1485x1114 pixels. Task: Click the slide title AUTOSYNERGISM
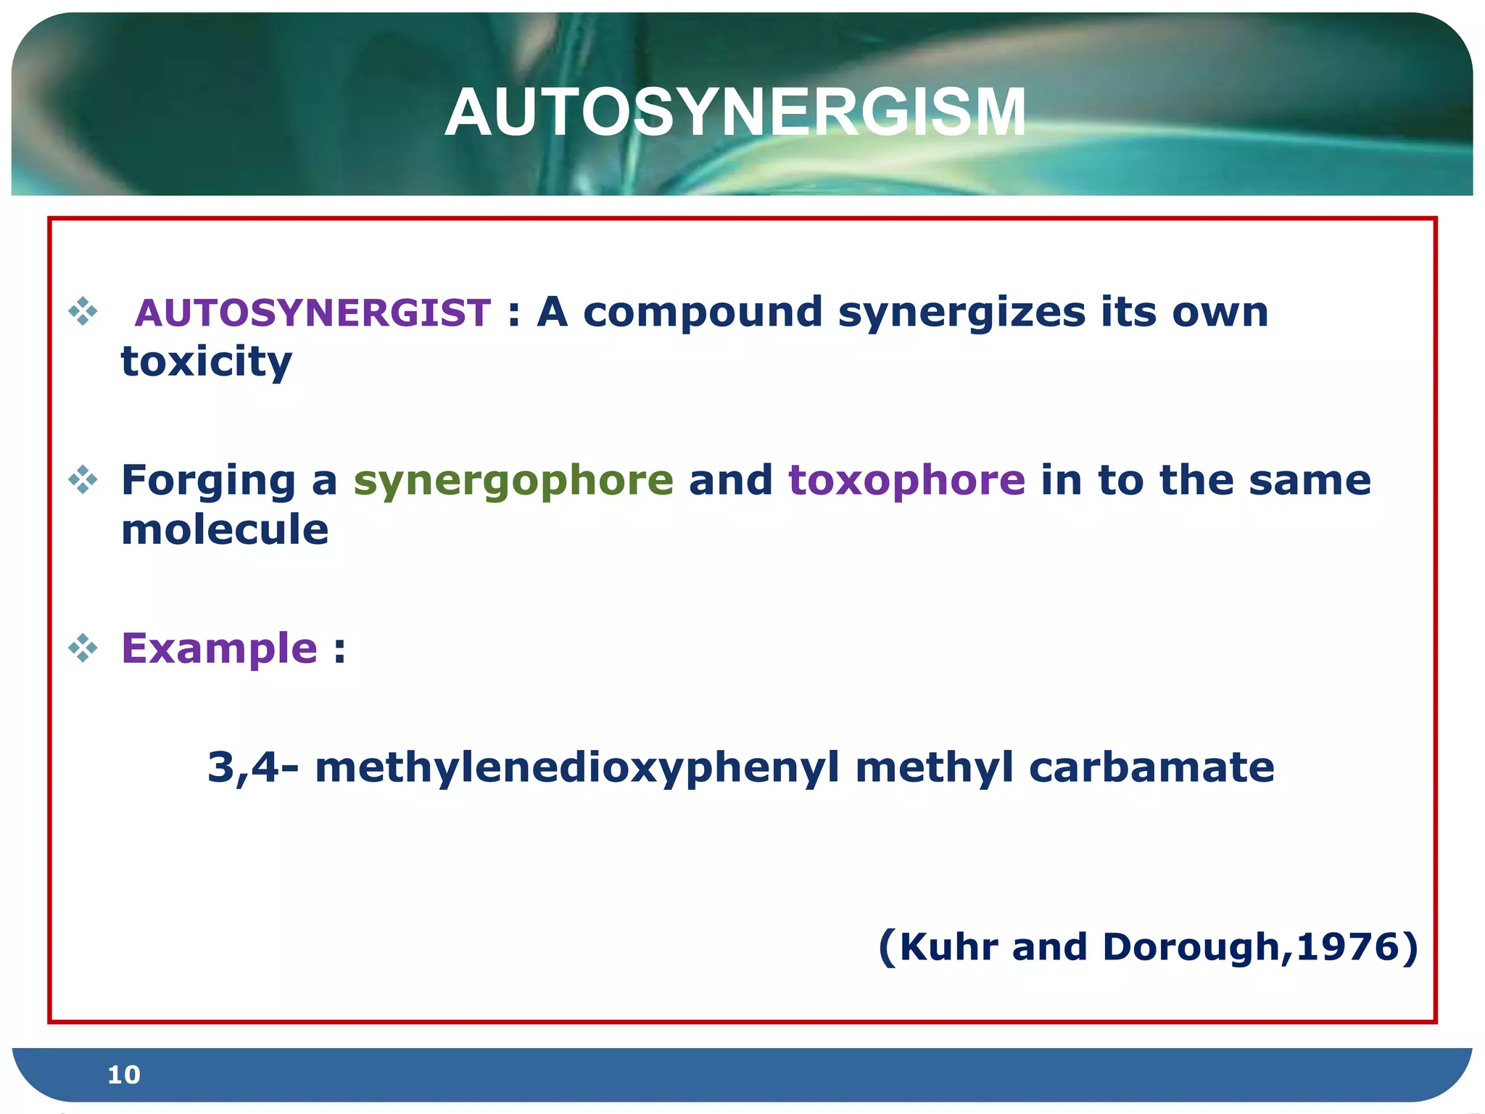[735, 112]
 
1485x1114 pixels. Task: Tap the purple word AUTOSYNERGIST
[313, 313]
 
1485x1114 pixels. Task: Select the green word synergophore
[513, 480]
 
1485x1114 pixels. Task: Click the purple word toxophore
[906, 480]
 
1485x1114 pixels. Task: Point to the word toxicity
[206, 362]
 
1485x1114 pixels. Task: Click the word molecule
[225, 529]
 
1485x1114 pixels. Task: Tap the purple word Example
[219, 648]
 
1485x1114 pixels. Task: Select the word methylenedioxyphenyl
[576, 767]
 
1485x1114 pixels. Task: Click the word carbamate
[1151, 767]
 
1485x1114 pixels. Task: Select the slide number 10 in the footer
[123, 1075]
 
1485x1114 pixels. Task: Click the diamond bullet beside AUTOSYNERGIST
[83, 312]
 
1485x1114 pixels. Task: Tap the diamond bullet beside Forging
[83, 480]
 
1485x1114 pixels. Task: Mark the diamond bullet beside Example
[83, 648]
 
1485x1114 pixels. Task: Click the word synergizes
[961, 313]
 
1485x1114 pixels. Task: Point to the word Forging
[208, 482]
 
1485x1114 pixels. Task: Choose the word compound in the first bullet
[702, 313]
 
